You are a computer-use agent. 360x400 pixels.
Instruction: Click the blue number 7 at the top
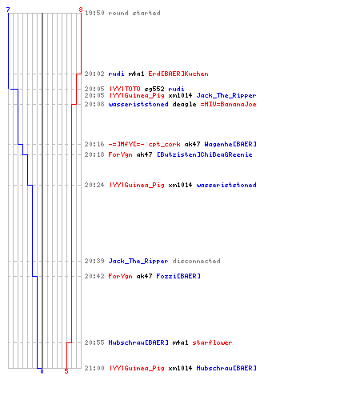click(x=8, y=10)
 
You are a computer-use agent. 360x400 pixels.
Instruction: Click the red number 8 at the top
click(x=81, y=10)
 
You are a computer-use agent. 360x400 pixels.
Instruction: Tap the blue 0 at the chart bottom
click(x=42, y=371)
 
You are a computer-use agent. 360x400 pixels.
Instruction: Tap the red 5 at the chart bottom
click(x=66, y=371)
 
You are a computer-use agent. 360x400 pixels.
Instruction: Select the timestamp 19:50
click(x=94, y=13)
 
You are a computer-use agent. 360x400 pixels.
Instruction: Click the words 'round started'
click(x=134, y=13)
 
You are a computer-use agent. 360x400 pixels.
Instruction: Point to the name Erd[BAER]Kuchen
click(x=178, y=74)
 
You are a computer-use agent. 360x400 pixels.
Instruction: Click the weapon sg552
click(x=154, y=89)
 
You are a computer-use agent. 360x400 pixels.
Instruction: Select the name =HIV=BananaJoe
click(x=228, y=104)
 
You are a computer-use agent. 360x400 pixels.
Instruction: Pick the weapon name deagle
click(x=184, y=104)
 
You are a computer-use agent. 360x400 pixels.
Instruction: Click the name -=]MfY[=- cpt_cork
click(x=144, y=144)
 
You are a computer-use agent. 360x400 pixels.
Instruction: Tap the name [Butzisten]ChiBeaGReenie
click(x=204, y=154)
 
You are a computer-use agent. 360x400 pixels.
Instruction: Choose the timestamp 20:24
click(x=94, y=185)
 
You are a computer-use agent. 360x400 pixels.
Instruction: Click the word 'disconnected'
click(x=196, y=261)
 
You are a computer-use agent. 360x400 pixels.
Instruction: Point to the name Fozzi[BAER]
click(x=178, y=276)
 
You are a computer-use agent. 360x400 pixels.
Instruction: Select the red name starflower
click(x=212, y=342)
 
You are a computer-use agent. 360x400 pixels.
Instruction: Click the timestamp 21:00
click(x=94, y=368)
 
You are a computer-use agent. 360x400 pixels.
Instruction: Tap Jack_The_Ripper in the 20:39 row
click(x=138, y=261)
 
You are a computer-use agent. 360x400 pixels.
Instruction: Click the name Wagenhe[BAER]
click(x=230, y=144)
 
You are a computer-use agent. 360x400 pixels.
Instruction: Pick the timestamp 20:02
click(x=94, y=74)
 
